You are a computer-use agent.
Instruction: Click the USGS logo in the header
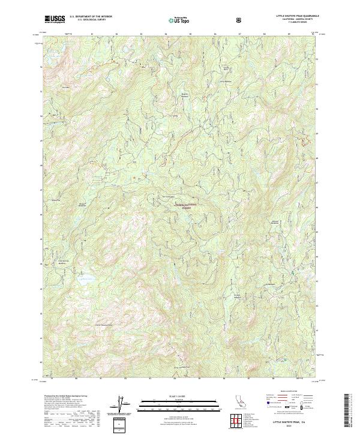pos(54,19)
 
